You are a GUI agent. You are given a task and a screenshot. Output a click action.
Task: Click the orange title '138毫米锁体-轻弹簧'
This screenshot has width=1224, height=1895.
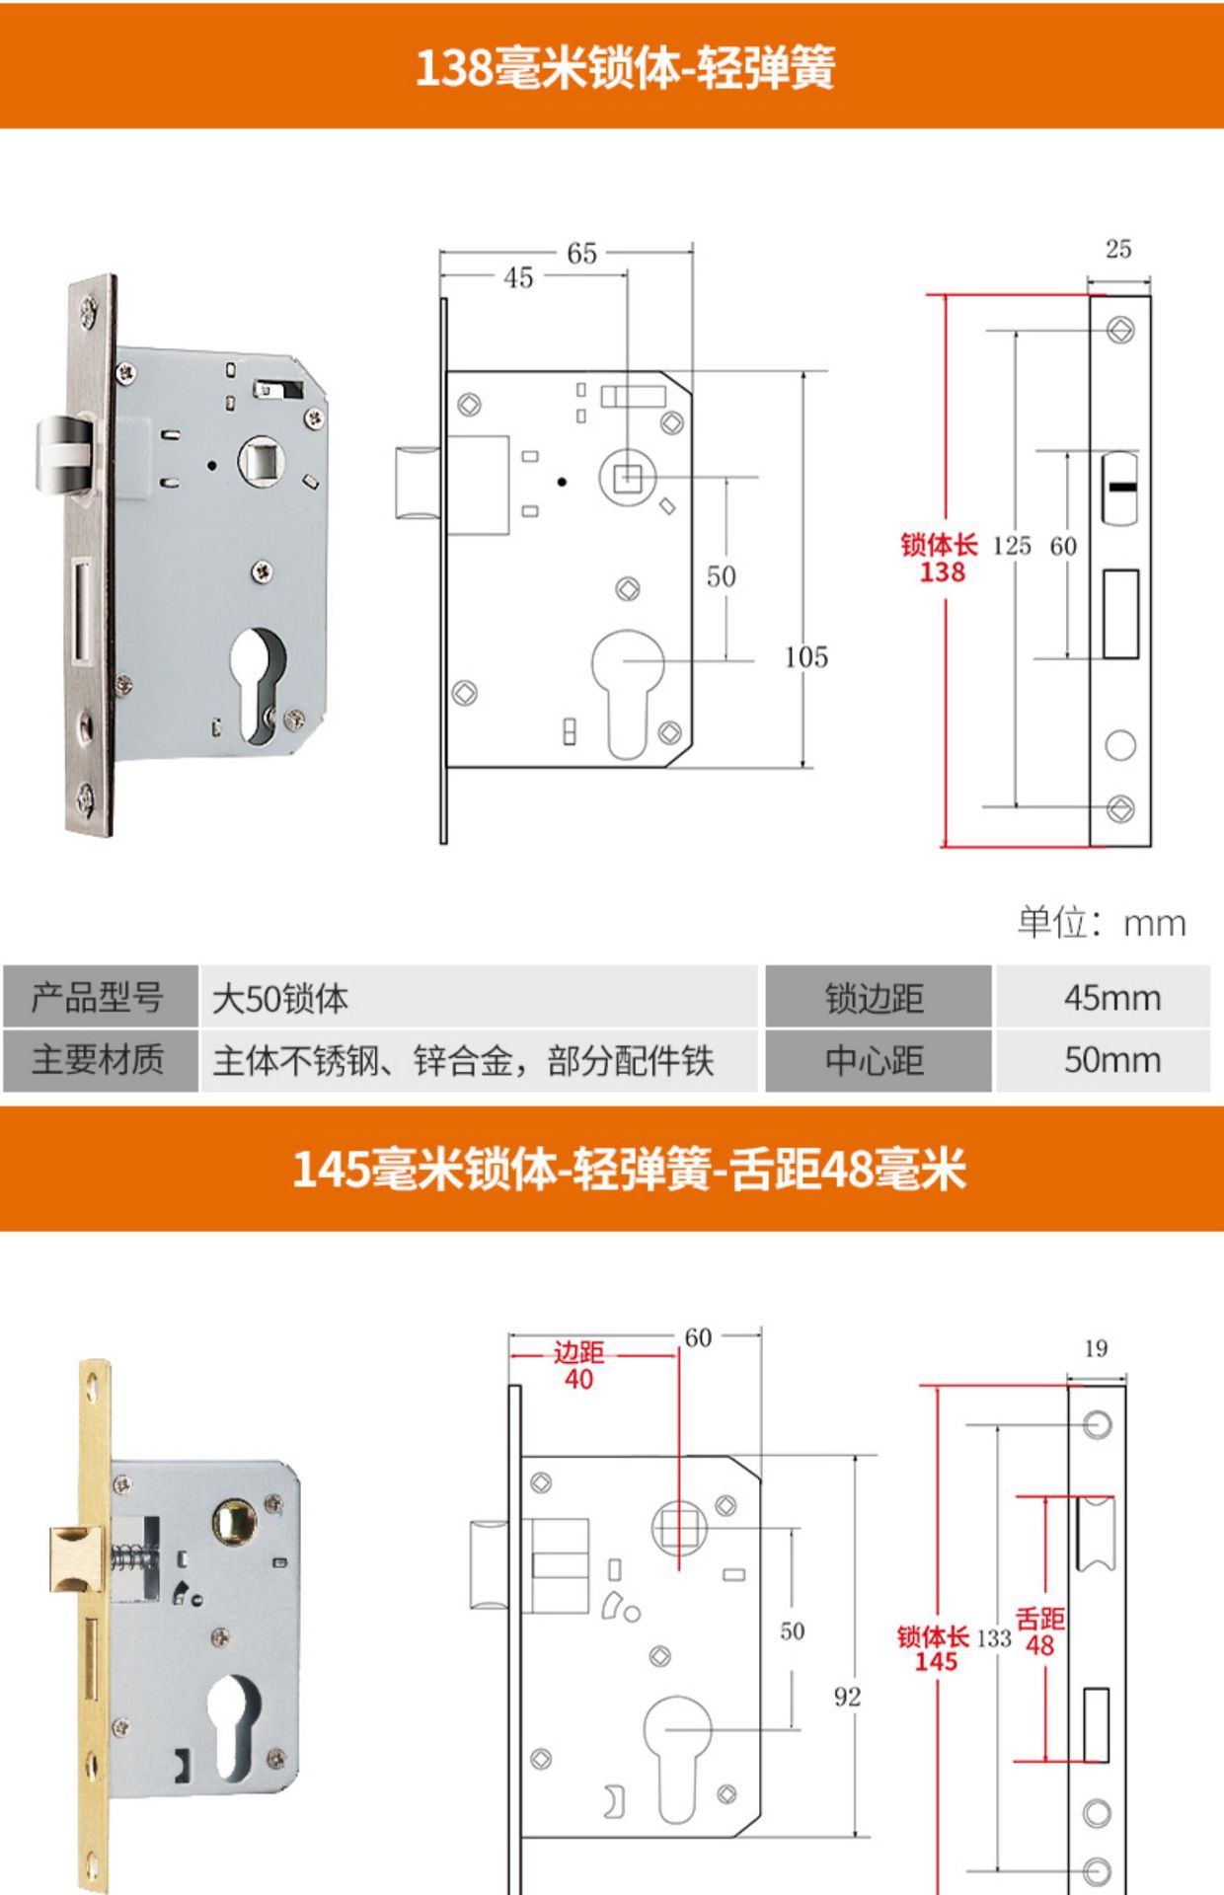pos(625,68)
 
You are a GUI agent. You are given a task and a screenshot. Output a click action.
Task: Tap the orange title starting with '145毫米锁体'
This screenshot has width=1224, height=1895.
pos(629,1169)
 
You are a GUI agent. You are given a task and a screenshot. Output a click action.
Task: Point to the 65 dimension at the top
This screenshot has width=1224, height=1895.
pos(581,254)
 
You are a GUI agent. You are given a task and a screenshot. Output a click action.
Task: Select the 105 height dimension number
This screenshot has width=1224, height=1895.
pos(805,657)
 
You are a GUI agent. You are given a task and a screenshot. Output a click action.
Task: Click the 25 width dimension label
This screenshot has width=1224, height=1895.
pos(1117,249)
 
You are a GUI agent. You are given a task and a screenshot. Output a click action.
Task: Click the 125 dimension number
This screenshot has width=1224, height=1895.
pos(1011,546)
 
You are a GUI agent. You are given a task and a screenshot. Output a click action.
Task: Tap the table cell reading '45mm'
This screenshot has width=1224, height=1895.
pos(1111,998)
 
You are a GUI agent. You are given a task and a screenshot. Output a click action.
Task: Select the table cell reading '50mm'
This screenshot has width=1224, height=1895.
pos(1111,1060)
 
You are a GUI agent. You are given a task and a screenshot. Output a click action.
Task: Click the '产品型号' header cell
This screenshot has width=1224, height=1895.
pos(98,998)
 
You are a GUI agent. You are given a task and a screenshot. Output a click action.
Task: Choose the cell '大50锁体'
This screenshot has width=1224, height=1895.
pos(280,999)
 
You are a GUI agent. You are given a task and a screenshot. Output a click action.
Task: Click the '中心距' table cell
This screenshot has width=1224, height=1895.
pos(876,1060)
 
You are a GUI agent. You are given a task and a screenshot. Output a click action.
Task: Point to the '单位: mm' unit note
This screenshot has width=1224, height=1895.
pos(1101,923)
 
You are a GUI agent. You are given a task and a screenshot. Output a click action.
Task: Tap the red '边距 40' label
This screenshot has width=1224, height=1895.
pos(578,1365)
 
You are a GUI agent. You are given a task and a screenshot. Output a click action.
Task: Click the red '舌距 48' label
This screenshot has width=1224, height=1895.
pos(1040,1631)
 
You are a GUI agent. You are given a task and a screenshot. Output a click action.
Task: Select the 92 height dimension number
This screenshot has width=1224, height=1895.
pos(847,1696)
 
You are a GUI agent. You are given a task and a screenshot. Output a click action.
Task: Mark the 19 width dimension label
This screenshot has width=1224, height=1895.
pos(1096,1348)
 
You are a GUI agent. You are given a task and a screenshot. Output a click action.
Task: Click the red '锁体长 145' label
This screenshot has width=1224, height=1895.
pos(934,1648)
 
